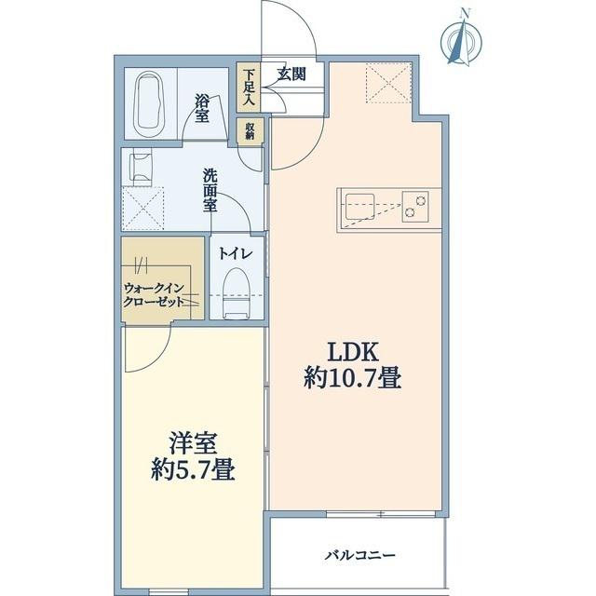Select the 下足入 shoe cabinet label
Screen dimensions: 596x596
coord(248,88)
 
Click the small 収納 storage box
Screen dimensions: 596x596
coord(250,129)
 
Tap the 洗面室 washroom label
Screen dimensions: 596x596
coord(211,190)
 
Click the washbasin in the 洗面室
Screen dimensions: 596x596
coord(142,168)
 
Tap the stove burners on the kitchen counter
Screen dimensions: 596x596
coord(414,206)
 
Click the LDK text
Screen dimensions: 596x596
coord(349,352)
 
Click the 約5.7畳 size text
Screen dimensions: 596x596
coord(194,470)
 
